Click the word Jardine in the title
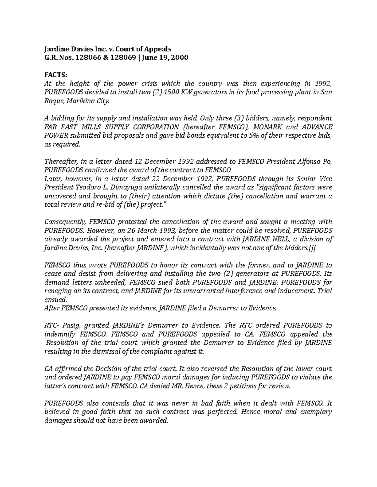coord(55,49)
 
